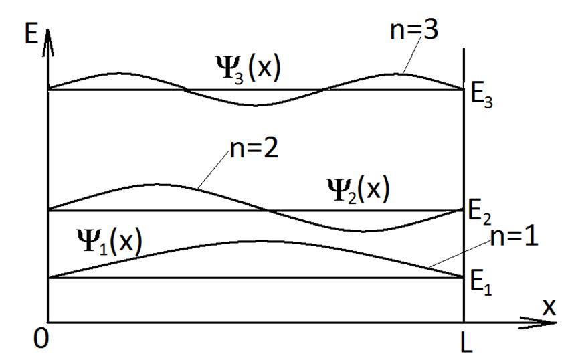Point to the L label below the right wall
[466, 343]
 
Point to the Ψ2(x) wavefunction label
[358, 191]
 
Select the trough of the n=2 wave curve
[365, 231]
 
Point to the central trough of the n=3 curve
[258, 105]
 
